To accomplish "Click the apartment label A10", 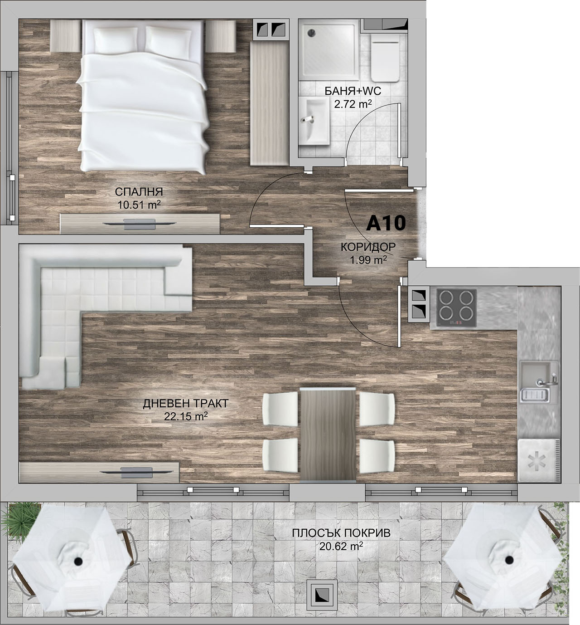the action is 386,223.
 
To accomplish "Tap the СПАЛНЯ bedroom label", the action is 139,192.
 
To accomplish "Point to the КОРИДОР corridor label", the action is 368,247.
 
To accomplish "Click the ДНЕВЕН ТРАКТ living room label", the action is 186,404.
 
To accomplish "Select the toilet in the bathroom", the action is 385,58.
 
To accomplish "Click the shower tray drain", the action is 312,32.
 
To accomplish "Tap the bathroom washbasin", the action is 314,121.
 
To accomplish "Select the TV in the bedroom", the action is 140,224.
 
